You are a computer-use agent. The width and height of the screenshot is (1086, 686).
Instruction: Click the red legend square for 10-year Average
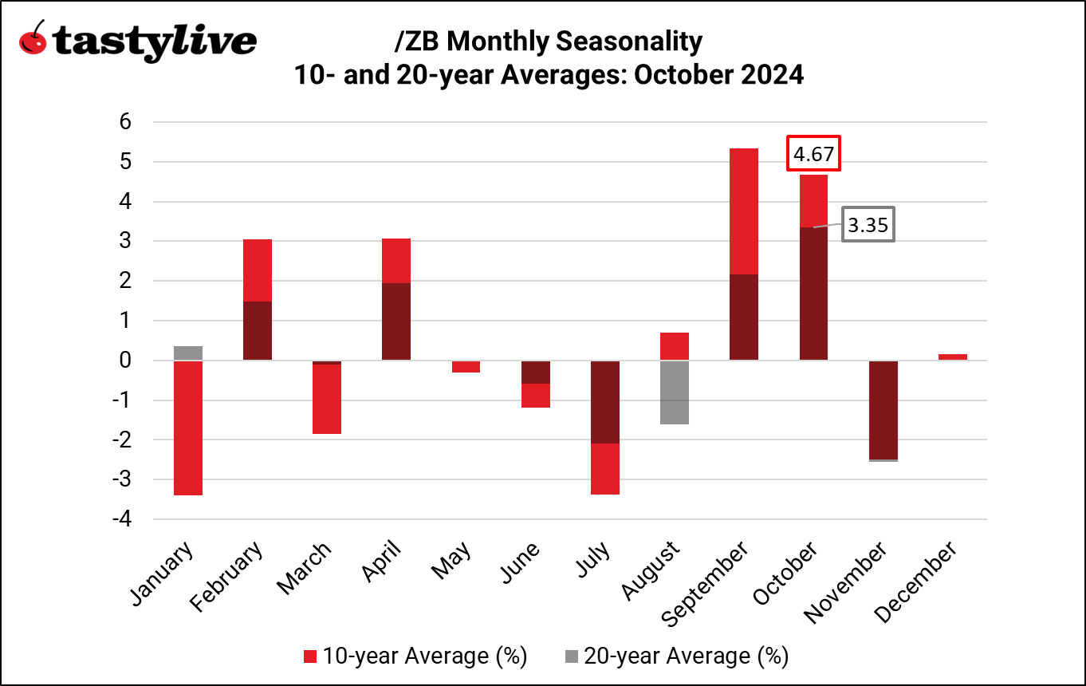(311, 656)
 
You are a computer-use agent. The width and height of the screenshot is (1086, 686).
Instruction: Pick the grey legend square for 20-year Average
(572, 656)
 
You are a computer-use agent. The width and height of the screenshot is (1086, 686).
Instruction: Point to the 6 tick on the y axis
(125, 122)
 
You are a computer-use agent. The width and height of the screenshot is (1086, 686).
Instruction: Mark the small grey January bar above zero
(187, 353)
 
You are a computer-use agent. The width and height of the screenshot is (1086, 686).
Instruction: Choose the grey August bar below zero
(675, 392)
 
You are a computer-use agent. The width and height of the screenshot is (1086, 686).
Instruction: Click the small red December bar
(952, 357)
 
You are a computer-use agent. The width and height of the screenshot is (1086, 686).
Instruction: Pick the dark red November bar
(883, 409)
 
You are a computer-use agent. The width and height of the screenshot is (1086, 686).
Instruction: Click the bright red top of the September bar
(744, 211)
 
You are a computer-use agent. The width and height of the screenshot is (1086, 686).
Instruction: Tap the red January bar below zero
(187, 428)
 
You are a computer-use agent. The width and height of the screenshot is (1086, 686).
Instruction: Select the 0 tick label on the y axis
(125, 361)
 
